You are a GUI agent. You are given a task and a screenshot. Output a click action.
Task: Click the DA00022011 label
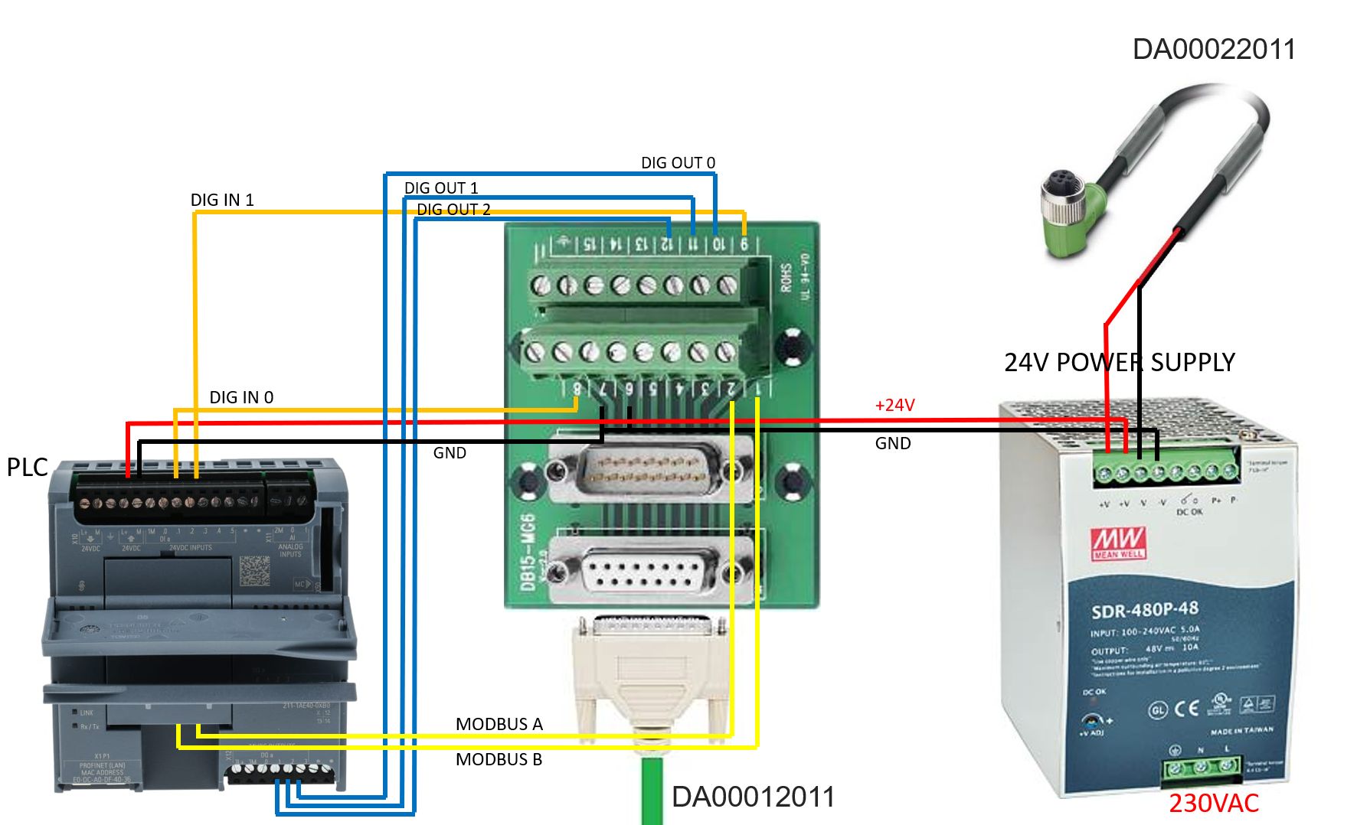pyautogui.click(x=1213, y=49)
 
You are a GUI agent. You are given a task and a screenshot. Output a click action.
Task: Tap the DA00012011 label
pyautogui.click(x=752, y=797)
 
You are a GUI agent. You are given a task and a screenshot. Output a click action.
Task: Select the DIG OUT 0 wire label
pyautogui.click(x=678, y=163)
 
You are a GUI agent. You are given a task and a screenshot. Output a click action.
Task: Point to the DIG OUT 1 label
pyautogui.click(x=441, y=188)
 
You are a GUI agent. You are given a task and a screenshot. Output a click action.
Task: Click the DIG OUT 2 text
pyautogui.click(x=453, y=210)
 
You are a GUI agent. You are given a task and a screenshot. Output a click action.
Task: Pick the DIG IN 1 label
pyautogui.click(x=222, y=201)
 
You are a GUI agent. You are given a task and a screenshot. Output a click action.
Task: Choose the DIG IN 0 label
pyautogui.click(x=241, y=398)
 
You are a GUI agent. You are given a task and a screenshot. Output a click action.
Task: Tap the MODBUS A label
pyautogui.click(x=499, y=725)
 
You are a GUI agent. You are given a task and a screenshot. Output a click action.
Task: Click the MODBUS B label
pyautogui.click(x=499, y=760)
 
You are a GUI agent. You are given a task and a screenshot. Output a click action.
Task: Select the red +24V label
pyautogui.click(x=894, y=406)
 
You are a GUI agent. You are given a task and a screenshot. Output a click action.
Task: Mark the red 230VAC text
pyautogui.click(x=1213, y=804)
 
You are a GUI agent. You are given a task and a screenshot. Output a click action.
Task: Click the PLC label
pyautogui.click(x=27, y=468)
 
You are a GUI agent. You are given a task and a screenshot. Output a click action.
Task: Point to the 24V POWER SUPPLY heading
pyautogui.click(x=1119, y=363)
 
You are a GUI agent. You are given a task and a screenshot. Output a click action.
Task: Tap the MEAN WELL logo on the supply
pyautogui.click(x=1119, y=543)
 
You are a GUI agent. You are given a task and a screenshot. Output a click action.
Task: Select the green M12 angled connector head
pyautogui.click(x=1070, y=214)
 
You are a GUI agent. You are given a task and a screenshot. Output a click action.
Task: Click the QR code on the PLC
pyautogui.click(x=254, y=571)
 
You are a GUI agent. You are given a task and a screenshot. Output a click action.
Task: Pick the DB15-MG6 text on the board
pyautogui.click(x=528, y=551)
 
